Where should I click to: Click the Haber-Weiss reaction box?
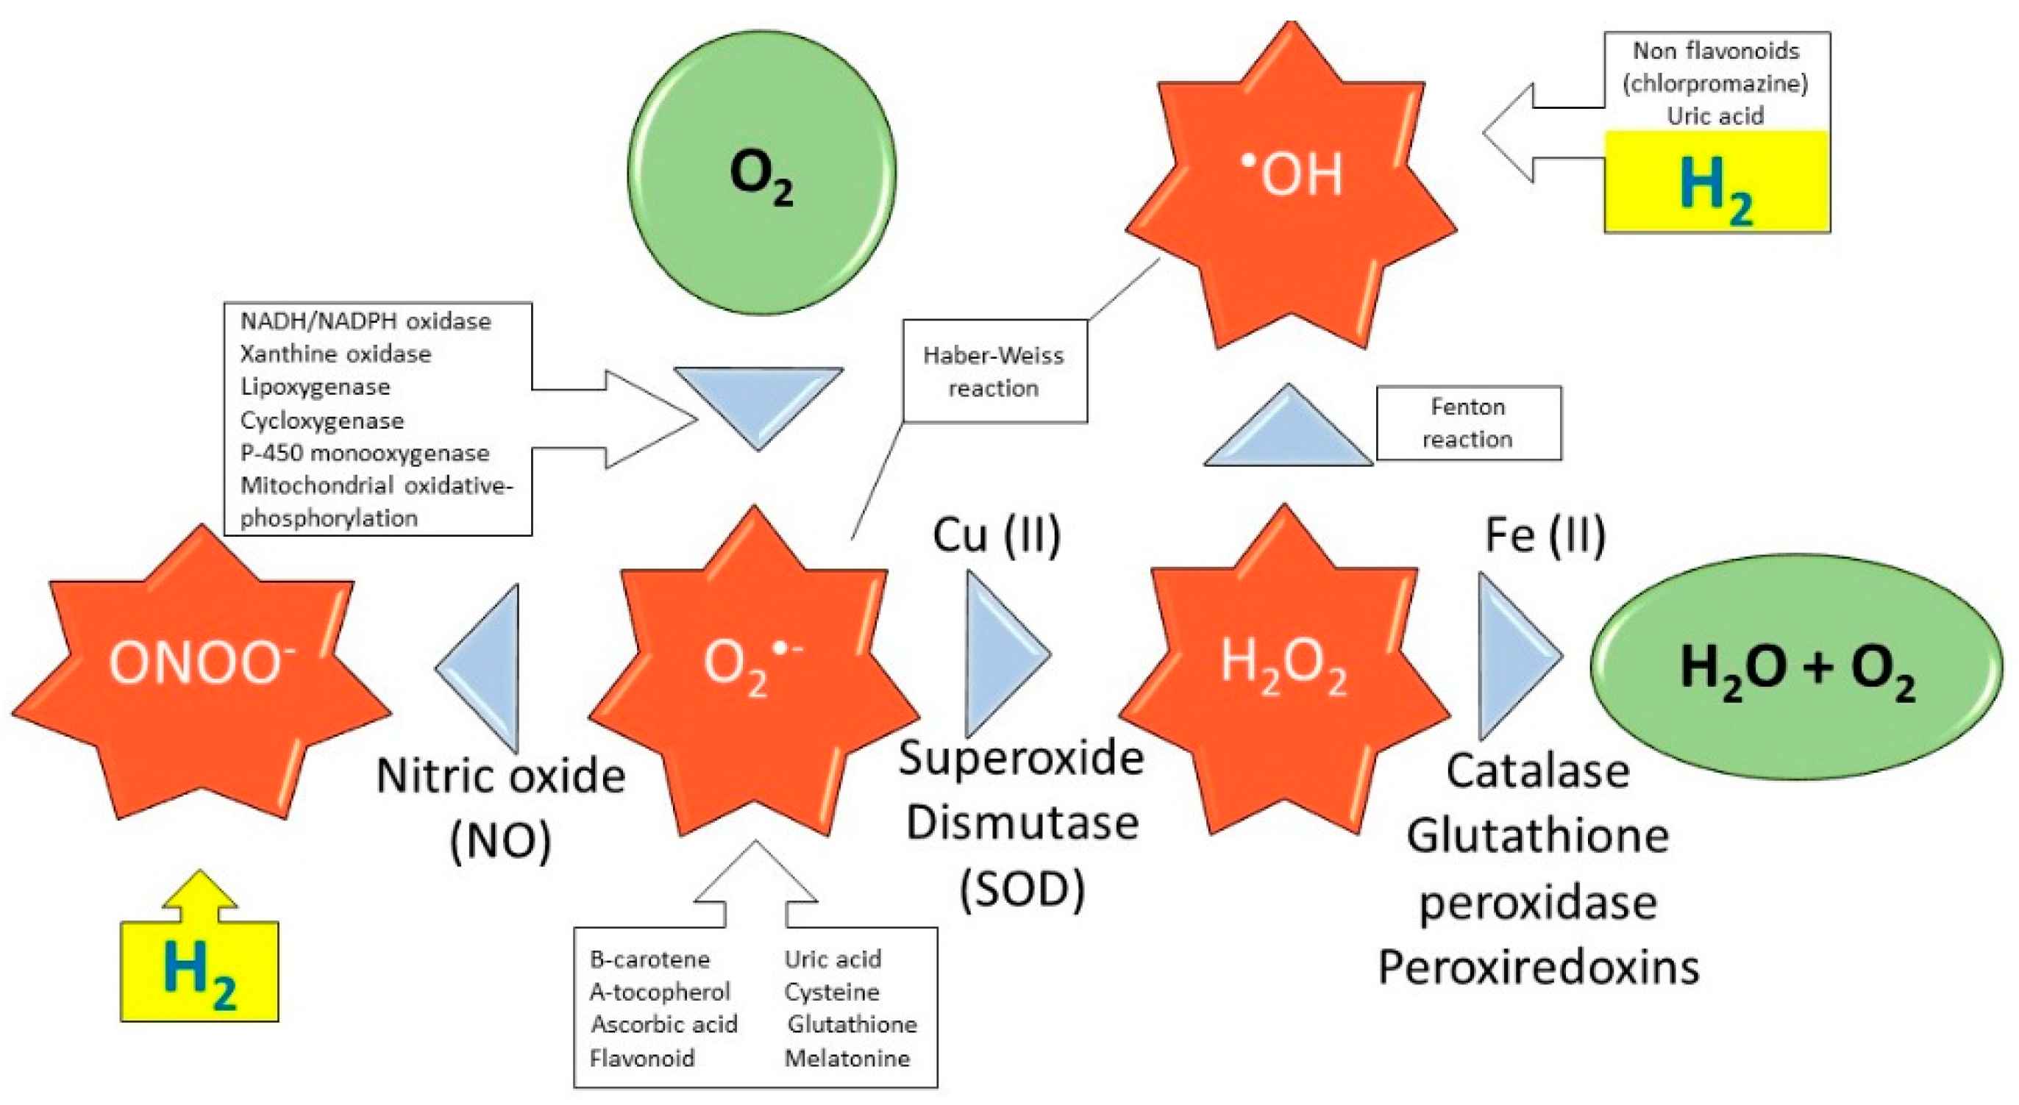pos(994,371)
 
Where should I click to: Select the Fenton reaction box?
pos(1468,423)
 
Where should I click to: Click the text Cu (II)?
pos(996,536)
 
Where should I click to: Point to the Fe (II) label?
pos(1545,536)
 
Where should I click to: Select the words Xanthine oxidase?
pos(335,354)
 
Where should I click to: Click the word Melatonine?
pos(847,1059)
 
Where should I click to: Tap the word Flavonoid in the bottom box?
pos(642,1059)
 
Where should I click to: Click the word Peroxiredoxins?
pos(1539,968)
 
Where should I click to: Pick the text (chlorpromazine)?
pos(1716,83)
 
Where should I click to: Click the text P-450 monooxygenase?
pos(366,453)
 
